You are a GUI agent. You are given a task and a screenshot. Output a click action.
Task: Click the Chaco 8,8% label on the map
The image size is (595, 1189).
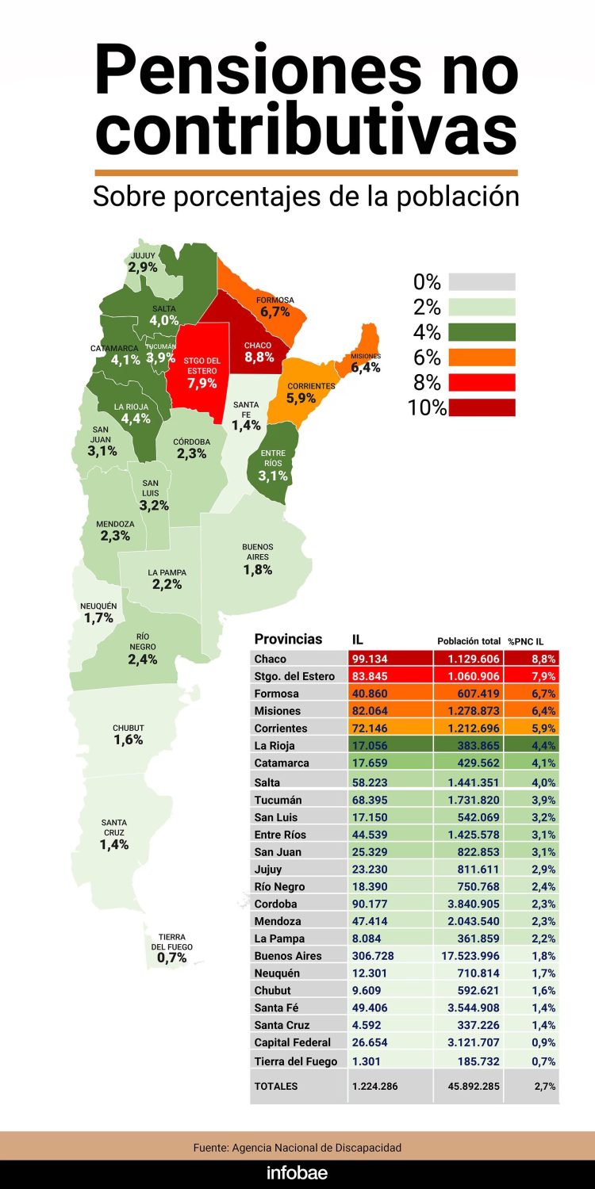259,352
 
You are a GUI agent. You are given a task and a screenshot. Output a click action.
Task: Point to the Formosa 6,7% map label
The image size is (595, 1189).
274,307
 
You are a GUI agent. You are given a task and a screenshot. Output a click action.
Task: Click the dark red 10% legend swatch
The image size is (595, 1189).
482,407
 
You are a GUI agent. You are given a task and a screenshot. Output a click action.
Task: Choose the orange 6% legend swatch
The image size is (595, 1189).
482,357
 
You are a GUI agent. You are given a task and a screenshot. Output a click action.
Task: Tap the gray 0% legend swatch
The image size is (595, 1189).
482,281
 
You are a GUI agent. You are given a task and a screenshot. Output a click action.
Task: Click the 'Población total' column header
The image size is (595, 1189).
469,640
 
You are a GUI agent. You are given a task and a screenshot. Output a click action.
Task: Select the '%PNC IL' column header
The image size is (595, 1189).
531,640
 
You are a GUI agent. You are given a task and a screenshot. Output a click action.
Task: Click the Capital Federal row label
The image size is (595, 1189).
292,1042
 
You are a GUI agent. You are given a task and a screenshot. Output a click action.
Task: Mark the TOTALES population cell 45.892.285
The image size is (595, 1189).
469,1086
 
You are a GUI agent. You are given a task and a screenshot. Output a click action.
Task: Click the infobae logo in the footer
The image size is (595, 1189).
297,1173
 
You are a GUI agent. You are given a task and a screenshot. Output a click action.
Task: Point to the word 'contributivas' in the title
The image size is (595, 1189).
306,132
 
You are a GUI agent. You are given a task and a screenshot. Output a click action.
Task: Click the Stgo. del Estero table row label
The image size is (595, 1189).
294,676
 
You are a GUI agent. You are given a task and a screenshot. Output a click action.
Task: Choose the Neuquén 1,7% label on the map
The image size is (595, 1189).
98,613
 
